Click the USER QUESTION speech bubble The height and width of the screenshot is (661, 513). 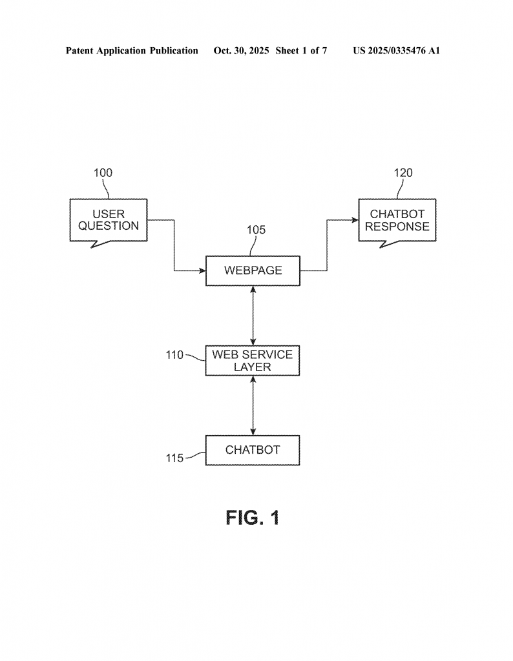click(x=109, y=220)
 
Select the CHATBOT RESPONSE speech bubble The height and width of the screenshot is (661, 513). click(x=397, y=220)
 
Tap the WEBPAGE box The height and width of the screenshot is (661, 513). click(x=253, y=270)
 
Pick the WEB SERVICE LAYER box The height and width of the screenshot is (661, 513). click(x=253, y=360)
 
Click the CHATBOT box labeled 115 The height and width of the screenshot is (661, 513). click(x=253, y=450)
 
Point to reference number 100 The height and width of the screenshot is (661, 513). click(x=103, y=173)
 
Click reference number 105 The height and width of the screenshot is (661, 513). click(x=256, y=230)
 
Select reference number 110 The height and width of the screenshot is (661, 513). click(x=174, y=354)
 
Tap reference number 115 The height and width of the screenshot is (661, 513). click(x=174, y=458)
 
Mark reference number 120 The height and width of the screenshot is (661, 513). click(x=403, y=173)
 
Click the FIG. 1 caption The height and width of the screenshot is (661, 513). click(x=253, y=518)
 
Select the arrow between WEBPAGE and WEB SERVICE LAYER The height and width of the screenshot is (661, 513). click(x=253, y=316)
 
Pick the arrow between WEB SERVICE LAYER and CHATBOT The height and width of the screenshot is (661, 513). click(x=253, y=405)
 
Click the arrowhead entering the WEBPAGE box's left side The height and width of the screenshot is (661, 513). click(x=202, y=270)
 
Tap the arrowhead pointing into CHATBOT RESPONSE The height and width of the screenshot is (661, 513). click(x=355, y=220)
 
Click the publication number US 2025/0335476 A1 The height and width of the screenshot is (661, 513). click(x=396, y=50)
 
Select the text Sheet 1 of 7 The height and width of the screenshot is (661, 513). click(x=301, y=50)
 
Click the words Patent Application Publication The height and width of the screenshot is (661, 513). click(x=132, y=50)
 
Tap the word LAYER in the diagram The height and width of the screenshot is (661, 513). click(x=253, y=367)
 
